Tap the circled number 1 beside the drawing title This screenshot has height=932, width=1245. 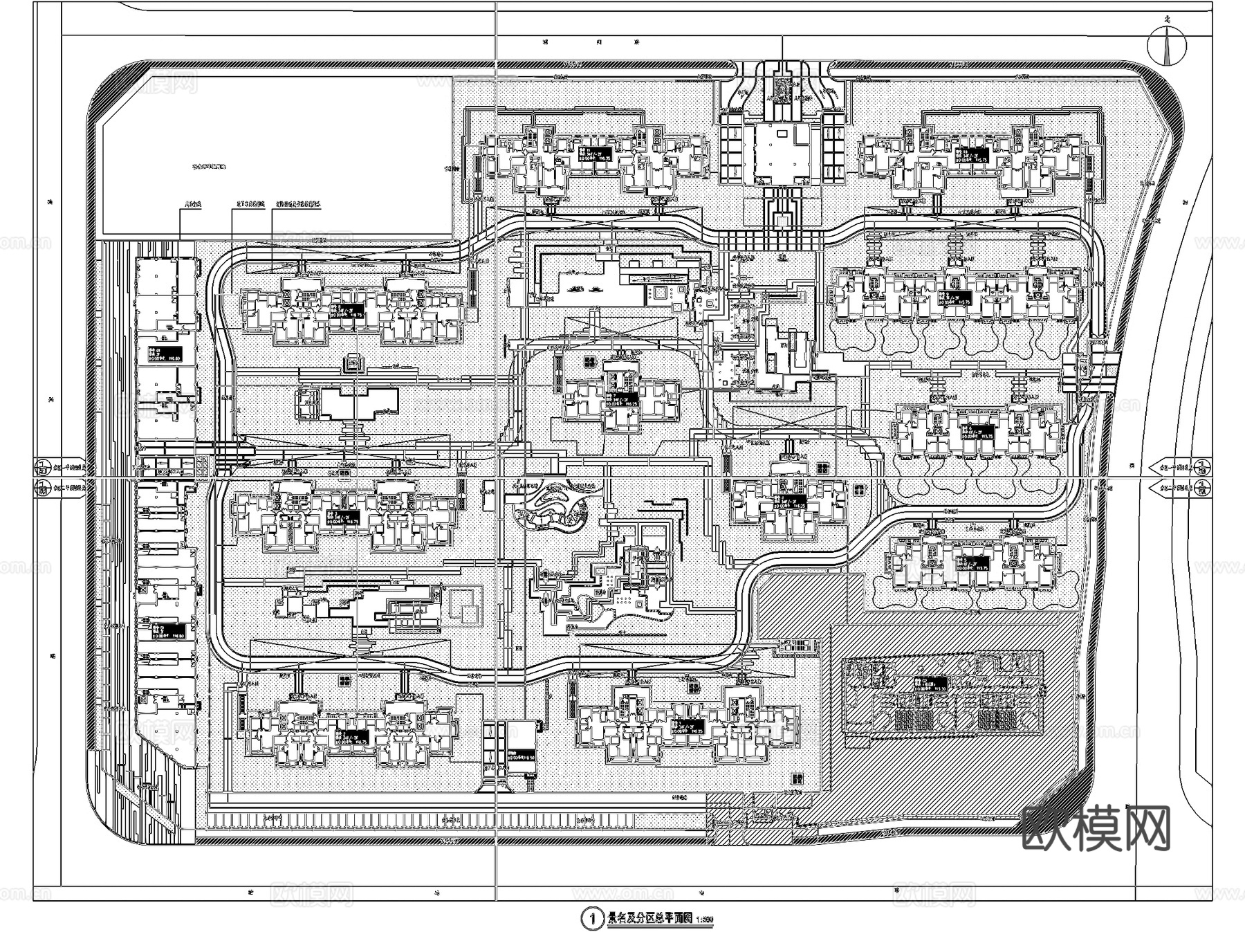(591, 919)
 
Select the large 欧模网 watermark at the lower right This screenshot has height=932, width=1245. (1096, 829)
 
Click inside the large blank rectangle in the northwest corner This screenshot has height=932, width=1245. (277, 156)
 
